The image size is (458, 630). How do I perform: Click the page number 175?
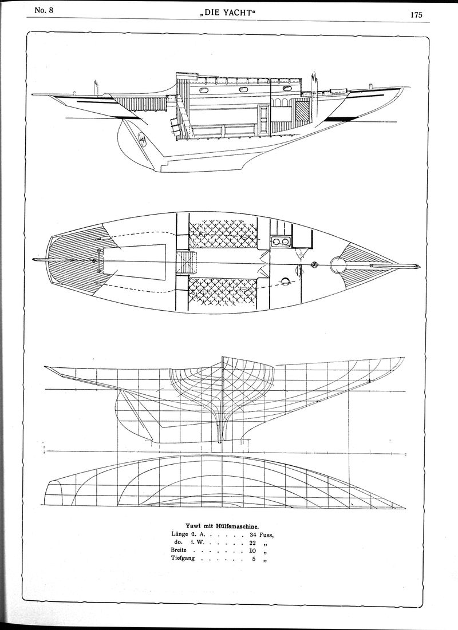(x=416, y=15)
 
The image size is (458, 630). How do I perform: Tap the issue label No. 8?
(x=44, y=10)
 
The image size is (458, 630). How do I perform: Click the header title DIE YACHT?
(x=228, y=13)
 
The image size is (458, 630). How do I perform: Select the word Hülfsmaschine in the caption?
(x=236, y=525)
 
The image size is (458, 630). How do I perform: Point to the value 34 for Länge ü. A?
(x=253, y=535)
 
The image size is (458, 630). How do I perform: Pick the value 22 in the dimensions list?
(x=253, y=543)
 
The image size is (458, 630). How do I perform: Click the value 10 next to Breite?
(x=253, y=551)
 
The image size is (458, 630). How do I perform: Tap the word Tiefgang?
(x=183, y=559)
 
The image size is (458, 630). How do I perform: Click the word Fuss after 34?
(x=267, y=535)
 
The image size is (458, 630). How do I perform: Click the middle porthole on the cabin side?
(x=243, y=89)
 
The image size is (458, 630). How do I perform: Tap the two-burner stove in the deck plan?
(x=281, y=241)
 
